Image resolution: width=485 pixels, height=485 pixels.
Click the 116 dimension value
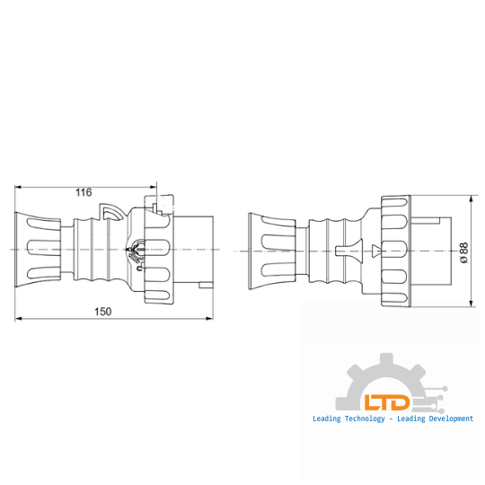[x=84, y=192]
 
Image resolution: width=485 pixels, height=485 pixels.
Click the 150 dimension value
[x=103, y=312]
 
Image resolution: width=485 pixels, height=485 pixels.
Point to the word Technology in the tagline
[x=363, y=419]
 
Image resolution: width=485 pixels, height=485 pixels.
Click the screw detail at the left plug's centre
[x=139, y=251]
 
